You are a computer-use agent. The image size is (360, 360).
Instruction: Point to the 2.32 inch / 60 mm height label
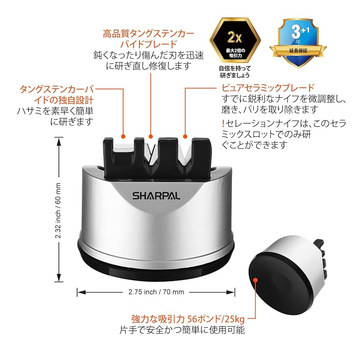58,209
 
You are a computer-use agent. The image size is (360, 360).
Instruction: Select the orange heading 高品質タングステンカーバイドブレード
149,39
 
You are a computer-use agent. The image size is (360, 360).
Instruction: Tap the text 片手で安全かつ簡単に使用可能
182,331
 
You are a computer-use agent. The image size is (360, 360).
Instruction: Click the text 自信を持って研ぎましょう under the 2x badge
234,71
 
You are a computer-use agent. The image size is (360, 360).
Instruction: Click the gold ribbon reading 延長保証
298,51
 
